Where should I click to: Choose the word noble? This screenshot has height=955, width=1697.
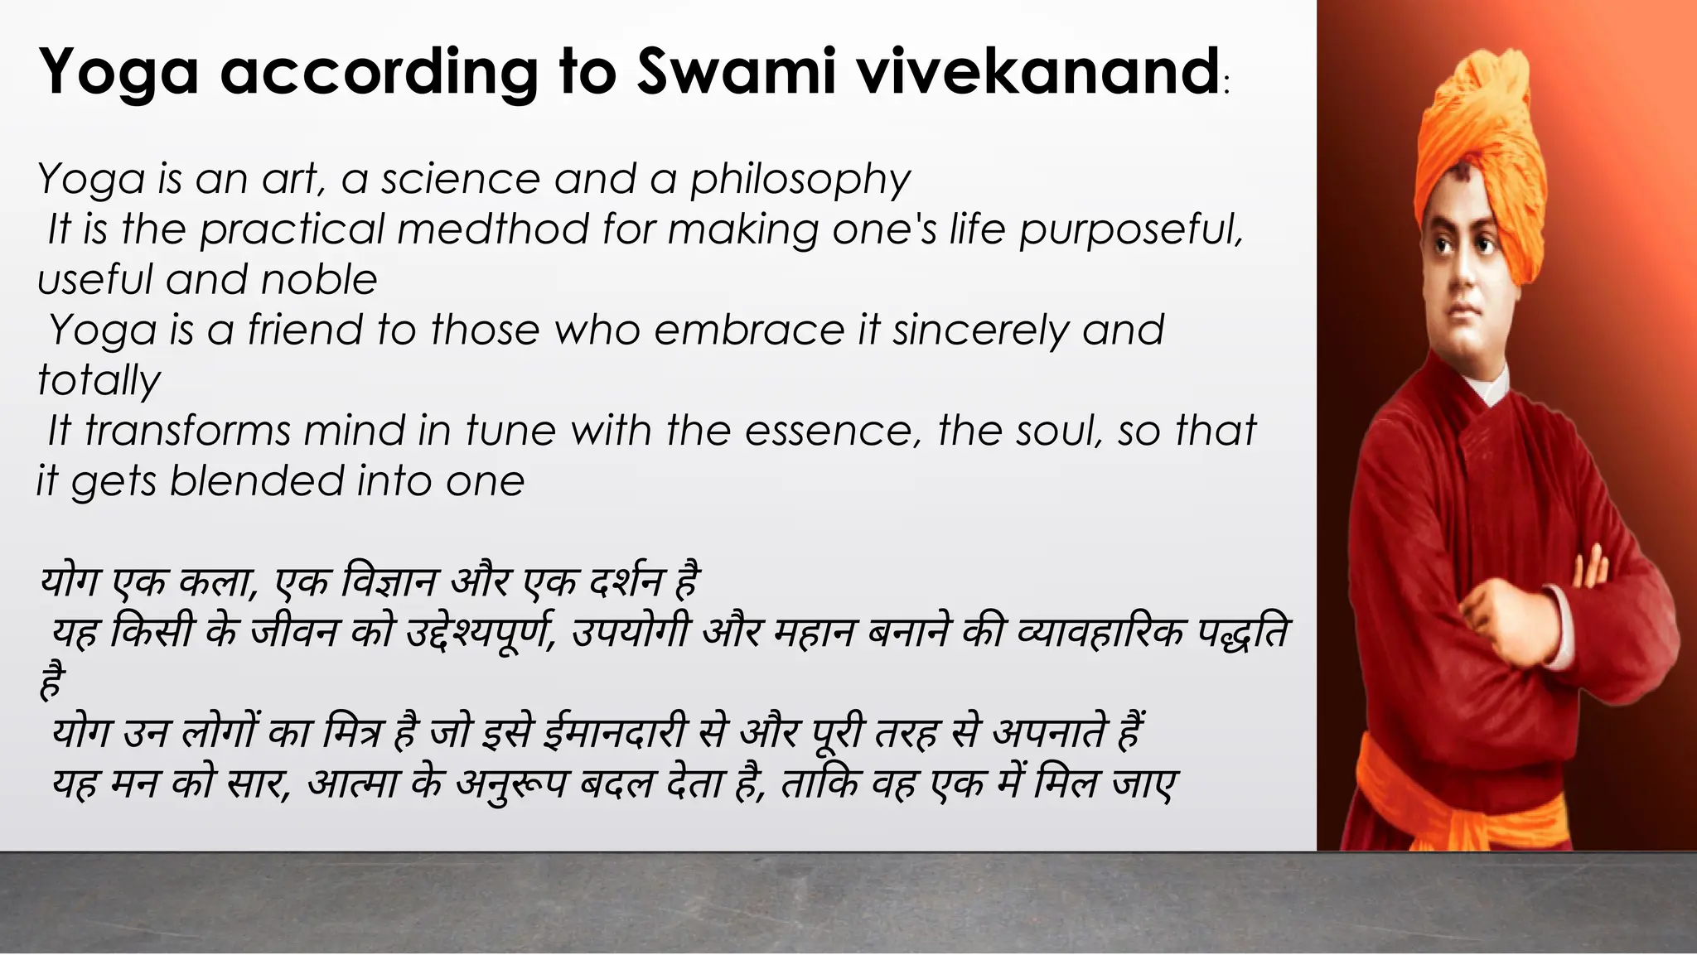coord(319,280)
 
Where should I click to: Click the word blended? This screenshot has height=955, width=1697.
coord(257,481)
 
